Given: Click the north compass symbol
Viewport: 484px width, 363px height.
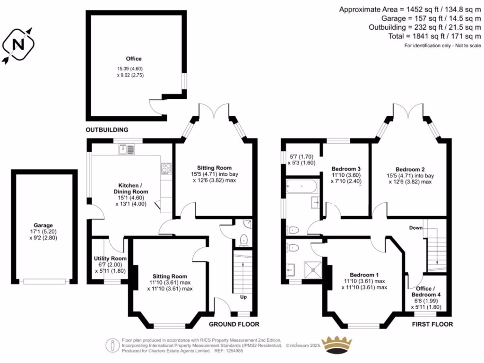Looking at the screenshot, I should pos(19,44).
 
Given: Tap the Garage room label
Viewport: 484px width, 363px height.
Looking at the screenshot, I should pos(43,225).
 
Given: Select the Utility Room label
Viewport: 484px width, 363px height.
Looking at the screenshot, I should pos(110,259).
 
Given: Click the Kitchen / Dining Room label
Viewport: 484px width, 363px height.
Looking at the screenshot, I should pos(133,189).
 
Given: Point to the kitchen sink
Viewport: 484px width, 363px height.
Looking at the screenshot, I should pos(126,150).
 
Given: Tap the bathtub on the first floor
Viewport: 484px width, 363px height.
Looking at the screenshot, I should pos(302,187).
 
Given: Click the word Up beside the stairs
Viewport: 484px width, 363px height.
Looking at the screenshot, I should pos(243,297).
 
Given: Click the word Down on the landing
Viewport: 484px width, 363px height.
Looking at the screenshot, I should pos(415,228).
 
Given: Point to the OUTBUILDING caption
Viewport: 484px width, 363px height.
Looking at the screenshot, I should pos(107,130).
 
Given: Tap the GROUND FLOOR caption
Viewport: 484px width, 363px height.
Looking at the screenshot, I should pos(234,324).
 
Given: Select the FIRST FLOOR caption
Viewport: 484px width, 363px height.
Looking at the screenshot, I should pos(432,324).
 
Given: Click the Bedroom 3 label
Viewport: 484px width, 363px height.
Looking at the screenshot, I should pos(346,169).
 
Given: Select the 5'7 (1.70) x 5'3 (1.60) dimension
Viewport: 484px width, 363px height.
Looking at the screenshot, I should pos(302,159).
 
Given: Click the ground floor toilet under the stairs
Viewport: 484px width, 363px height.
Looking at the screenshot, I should pos(244,239).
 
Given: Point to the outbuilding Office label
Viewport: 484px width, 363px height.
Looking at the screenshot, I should pos(133,59).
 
